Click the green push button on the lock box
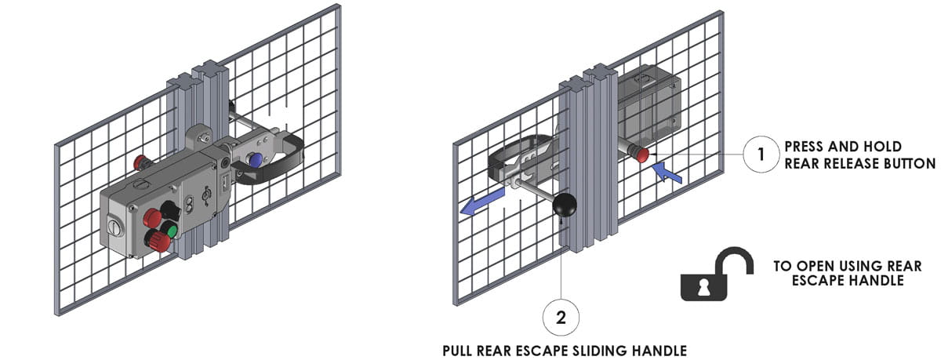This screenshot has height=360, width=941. tap(172, 231)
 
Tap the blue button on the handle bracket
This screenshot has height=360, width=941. tap(255, 159)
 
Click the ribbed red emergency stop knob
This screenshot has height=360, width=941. tap(158, 241)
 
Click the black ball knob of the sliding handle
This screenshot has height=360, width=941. tap(564, 205)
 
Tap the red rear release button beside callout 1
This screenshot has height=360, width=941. tap(641, 155)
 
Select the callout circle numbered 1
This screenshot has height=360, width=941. tap(761, 155)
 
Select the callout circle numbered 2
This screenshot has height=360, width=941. tap(561, 318)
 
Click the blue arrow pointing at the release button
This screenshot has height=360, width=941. tap(667, 173)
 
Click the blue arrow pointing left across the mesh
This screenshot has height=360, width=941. tap(481, 202)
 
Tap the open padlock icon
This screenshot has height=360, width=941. tap(716, 274)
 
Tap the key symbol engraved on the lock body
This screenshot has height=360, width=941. tap(206, 195)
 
